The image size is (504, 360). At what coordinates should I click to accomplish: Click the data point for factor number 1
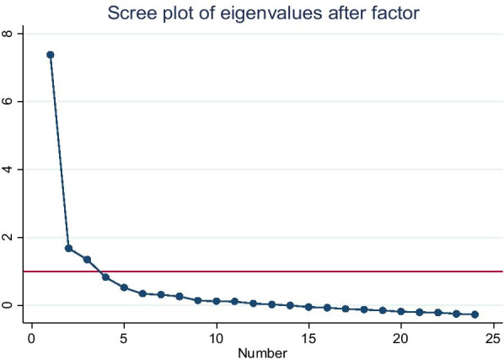coord(51,55)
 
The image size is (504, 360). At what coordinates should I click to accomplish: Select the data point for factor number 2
coord(69,248)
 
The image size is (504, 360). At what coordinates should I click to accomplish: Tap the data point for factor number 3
coord(87,260)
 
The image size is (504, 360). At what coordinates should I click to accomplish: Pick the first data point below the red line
coord(105,277)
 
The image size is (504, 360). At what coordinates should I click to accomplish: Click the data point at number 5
coord(124,287)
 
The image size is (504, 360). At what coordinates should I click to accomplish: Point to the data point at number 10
coord(217,301)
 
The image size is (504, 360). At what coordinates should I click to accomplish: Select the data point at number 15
coord(308,307)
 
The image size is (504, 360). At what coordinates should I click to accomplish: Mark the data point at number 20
coord(401,311)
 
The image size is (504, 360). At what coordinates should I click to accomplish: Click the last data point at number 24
coord(475,314)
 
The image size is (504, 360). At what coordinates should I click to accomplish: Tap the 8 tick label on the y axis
coord(8,34)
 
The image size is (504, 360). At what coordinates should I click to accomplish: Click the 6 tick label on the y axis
coord(8,101)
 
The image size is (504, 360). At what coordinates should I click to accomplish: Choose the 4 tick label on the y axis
coord(8,169)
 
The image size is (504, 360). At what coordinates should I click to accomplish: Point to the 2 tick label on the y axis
coord(8,237)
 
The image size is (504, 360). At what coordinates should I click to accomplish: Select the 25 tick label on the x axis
coord(494,337)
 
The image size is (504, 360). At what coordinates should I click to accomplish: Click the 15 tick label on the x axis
coord(308,337)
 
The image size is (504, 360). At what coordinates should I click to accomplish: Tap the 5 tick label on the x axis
coord(124,337)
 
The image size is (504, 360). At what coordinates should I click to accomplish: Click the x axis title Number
coord(263,352)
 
